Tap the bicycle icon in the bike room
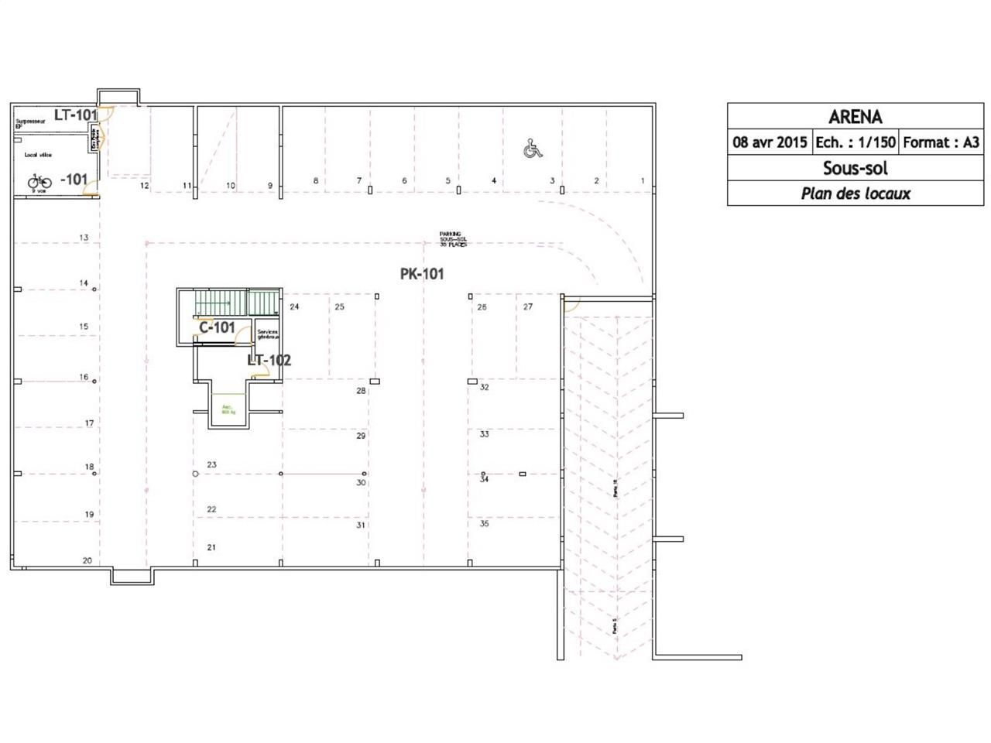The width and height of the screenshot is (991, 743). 39,181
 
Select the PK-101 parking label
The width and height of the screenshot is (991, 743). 422,274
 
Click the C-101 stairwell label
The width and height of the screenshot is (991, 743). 217,327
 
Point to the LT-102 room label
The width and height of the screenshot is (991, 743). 269,360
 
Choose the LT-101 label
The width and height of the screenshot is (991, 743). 75,115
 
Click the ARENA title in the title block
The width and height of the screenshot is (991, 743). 855,117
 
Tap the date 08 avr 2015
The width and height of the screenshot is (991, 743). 770,142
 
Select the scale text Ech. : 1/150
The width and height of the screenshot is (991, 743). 855,142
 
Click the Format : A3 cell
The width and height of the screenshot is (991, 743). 941,142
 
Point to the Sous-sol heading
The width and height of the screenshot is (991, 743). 855,168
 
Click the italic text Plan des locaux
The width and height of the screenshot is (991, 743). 855,193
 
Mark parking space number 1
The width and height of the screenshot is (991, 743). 642,181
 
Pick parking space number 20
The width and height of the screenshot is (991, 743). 87,560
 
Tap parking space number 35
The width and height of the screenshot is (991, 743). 484,524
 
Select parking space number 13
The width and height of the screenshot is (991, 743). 84,238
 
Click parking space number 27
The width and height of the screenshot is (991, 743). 527,307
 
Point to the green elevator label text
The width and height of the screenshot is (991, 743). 228,409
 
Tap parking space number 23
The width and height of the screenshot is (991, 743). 211,465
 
